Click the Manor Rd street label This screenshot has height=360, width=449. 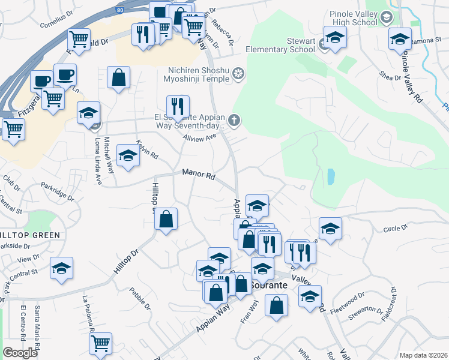(x=199, y=176)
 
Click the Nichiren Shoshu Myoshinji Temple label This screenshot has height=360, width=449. (x=195, y=74)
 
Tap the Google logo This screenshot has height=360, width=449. (x=20, y=353)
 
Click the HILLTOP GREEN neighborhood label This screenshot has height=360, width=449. (x=29, y=235)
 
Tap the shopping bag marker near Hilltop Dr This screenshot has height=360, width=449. (x=166, y=219)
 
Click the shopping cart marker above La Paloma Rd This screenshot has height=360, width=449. (x=101, y=344)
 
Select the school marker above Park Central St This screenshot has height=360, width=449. (x=61, y=268)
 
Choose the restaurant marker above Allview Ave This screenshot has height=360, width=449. (x=178, y=107)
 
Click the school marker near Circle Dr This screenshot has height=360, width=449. (x=330, y=229)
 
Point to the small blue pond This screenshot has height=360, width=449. (x=331, y=176)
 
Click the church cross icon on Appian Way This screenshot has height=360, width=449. (x=234, y=122)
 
